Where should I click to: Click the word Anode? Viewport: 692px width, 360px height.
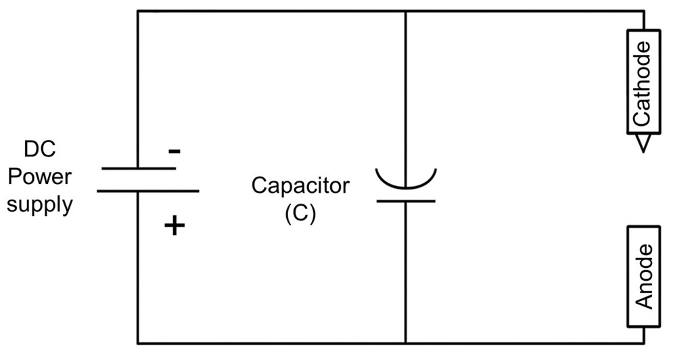click(645, 275)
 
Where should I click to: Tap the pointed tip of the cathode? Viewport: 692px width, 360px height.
click(642, 150)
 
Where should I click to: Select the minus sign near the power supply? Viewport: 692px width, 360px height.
click(174, 151)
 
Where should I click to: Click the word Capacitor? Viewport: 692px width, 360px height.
click(300, 185)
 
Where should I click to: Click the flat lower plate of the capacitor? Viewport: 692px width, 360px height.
click(406, 201)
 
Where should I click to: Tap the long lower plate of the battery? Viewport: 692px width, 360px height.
click(148, 191)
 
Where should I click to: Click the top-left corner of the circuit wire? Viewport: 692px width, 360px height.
click(138, 11)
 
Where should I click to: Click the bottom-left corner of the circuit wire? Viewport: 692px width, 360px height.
click(138, 342)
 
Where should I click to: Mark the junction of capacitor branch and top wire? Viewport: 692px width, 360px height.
click(406, 11)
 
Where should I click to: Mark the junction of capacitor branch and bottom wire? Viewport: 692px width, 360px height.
click(406, 342)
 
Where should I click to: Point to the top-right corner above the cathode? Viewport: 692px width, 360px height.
click(643, 11)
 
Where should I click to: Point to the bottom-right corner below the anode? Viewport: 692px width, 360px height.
click(643, 342)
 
